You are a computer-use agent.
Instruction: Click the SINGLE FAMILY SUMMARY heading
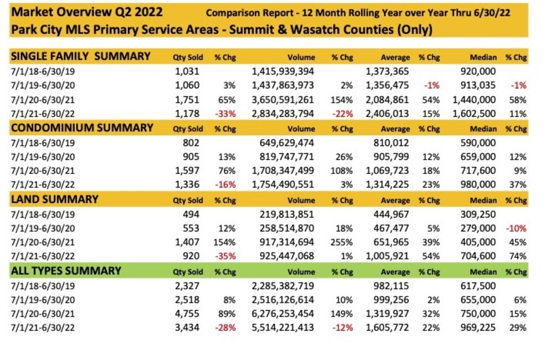point(80,56)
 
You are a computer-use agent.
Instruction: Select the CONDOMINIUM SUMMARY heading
point(82,128)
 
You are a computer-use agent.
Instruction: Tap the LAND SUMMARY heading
point(55,199)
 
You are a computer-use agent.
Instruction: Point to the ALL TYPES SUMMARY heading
point(66,271)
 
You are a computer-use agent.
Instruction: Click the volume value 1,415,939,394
point(283,71)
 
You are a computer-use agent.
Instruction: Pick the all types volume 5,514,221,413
point(283,328)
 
